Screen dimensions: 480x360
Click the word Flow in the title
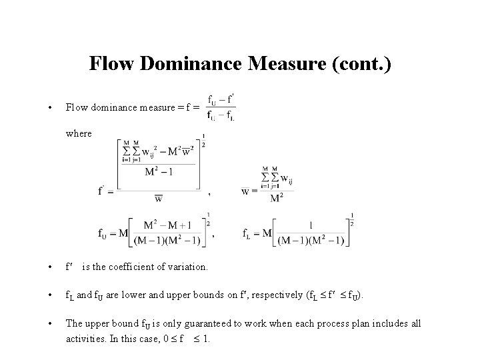pyautogui.click(x=109, y=64)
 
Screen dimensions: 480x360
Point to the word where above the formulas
pyautogui.click(x=79, y=133)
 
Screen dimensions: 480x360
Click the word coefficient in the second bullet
pyautogui.click(x=131, y=267)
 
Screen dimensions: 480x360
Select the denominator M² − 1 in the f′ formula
pyautogui.click(x=159, y=171)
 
